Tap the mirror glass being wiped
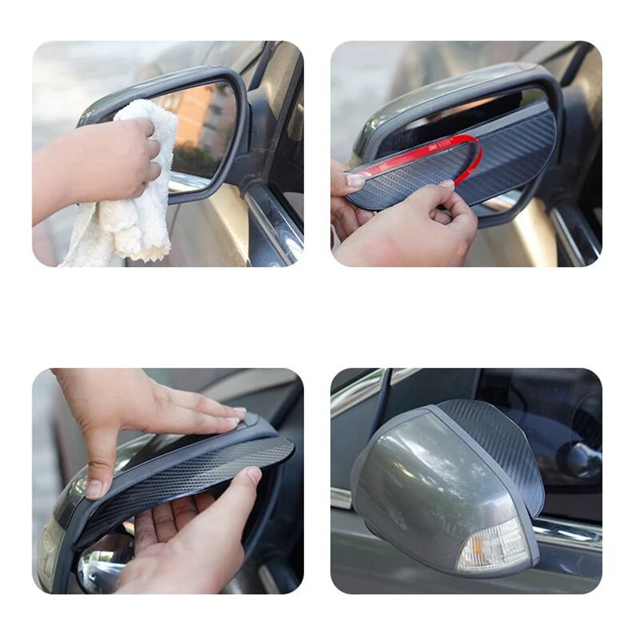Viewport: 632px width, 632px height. click(201, 130)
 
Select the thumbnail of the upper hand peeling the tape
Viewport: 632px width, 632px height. click(356, 181)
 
